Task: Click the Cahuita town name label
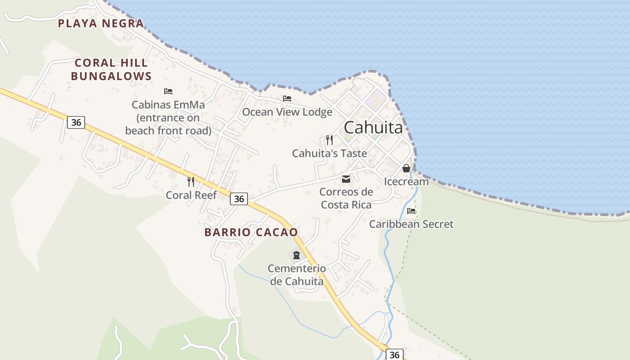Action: pos(373,128)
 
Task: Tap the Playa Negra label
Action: pos(101,23)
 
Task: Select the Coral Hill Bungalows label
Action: pos(111,69)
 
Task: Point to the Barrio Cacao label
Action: pos(251,232)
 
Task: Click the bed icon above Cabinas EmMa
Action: pos(168,91)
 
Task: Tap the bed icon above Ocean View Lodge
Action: pos(287,99)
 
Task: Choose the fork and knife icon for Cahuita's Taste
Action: pos(329,140)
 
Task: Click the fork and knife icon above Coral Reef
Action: pos(191,182)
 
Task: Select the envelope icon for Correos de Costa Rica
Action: pos(346,179)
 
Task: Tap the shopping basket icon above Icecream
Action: pos(406,168)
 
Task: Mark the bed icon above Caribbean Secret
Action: pos(411,211)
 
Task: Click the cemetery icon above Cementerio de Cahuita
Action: pos(296,255)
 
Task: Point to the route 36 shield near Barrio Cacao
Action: pos(239,199)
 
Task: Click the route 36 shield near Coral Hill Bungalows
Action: pos(76,122)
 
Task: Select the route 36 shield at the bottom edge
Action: pos(394,355)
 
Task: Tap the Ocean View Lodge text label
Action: pos(287,112)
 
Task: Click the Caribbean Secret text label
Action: pos(411,224)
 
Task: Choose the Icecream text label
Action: pos(406,182)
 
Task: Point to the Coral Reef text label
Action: pos(191,195)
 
